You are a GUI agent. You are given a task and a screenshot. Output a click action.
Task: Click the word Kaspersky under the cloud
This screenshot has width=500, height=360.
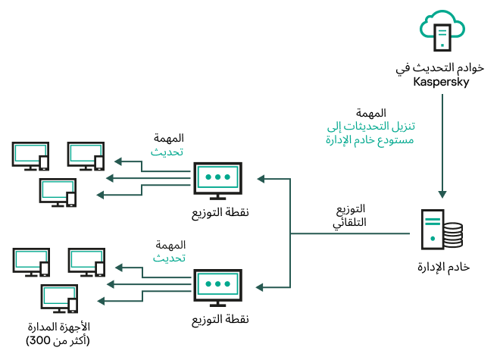tap(441, 82)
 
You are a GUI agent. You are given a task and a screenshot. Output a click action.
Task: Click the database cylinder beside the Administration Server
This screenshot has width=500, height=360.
tap(452, 235)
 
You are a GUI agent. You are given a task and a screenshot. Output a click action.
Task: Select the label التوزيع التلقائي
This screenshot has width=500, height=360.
tap(350, 216)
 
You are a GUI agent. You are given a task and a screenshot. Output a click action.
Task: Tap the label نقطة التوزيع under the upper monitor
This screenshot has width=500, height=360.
tap(220, 212)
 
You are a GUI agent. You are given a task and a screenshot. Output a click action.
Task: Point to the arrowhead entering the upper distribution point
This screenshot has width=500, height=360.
tap(261, 180)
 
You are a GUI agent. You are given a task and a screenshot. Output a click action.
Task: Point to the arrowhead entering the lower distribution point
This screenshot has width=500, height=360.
tap(261, 287)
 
